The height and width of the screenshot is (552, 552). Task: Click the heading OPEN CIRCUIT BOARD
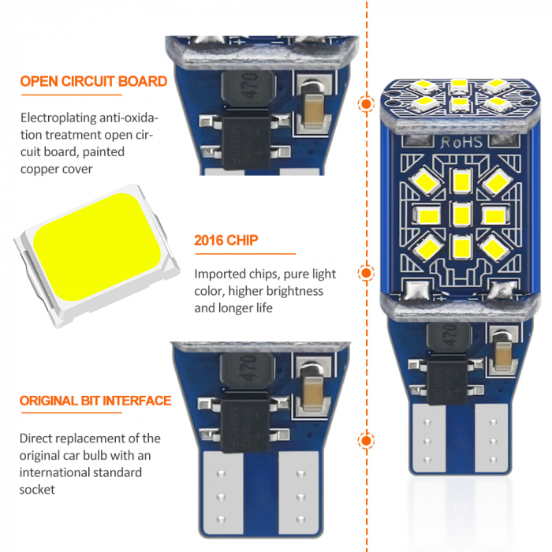[93, 81]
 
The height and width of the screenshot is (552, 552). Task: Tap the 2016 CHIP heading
[226, 241]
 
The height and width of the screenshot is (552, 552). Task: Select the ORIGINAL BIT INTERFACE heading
[95, 401]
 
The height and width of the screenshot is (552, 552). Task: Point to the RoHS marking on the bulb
[461, 142]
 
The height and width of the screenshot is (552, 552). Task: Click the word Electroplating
[58, 118]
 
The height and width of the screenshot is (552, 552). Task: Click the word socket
[37, 490]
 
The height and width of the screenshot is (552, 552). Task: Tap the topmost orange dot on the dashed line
[366, 104]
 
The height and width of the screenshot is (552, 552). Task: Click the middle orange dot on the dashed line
[366, 273]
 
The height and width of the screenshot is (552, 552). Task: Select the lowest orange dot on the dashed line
[366, 441]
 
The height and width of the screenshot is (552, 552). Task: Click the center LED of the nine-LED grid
[461, 214]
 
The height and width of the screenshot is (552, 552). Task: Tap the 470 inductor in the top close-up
[248, 88]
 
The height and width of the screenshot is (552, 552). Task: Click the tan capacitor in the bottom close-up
[312, 393]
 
